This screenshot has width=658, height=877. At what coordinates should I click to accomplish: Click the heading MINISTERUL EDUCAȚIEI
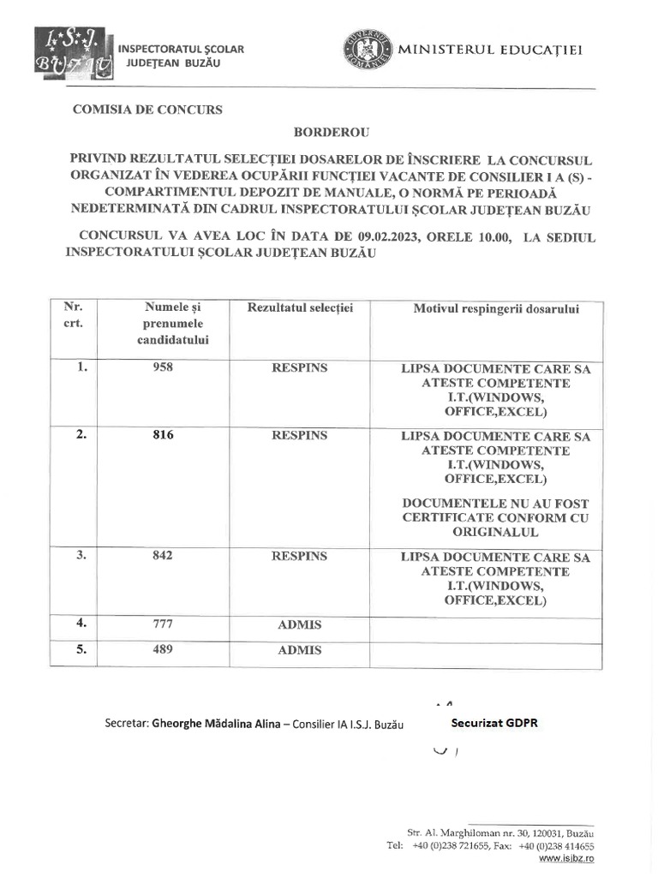coord(490,50)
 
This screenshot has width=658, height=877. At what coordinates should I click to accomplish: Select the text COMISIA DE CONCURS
coord(147,110)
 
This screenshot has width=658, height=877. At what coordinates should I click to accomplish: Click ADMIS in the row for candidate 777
coord(299,625)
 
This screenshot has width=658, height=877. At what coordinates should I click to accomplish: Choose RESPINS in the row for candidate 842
coord(299,556)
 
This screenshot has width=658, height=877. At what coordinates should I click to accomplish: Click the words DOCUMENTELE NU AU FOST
coord(496,504)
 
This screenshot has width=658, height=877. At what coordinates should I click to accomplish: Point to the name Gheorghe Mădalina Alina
coord(216,724)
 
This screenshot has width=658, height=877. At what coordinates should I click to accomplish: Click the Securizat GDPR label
coord(494,722)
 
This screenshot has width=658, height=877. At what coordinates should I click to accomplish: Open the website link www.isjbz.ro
coord(566,857)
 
